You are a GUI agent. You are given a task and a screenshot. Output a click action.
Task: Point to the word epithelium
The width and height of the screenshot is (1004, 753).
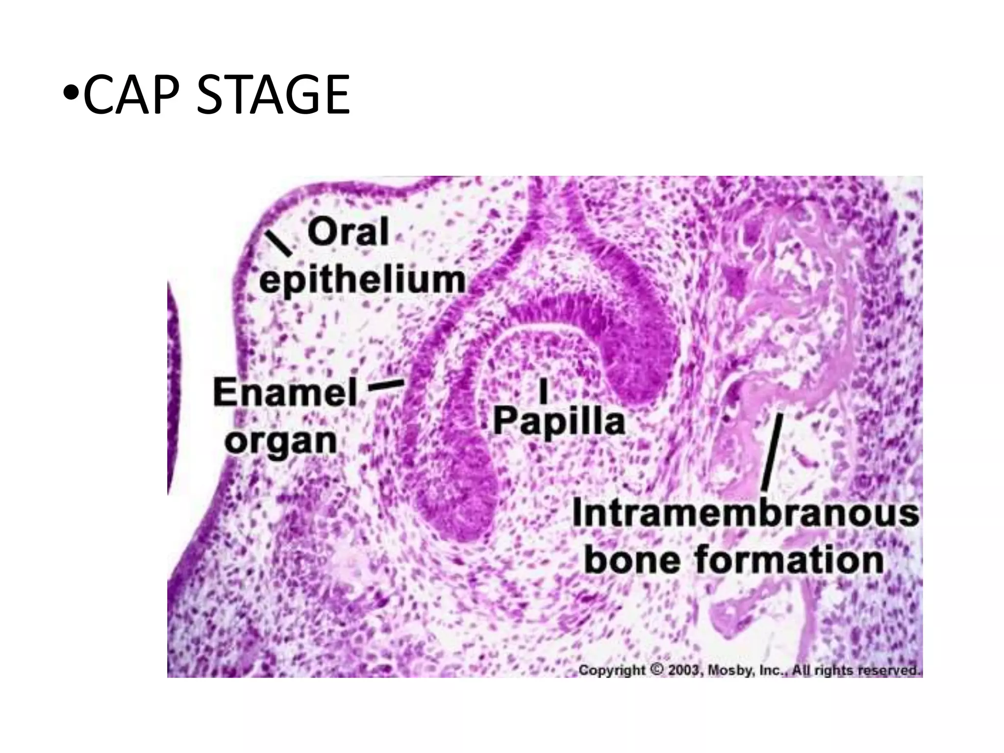pos(362,280)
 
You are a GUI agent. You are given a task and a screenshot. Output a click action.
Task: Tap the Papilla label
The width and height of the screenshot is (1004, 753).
pos(559,421)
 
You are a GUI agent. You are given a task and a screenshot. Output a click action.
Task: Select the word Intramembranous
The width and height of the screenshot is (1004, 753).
pos(745,513)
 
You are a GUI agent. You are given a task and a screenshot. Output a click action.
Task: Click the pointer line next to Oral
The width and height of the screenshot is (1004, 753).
pos(278,244)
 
